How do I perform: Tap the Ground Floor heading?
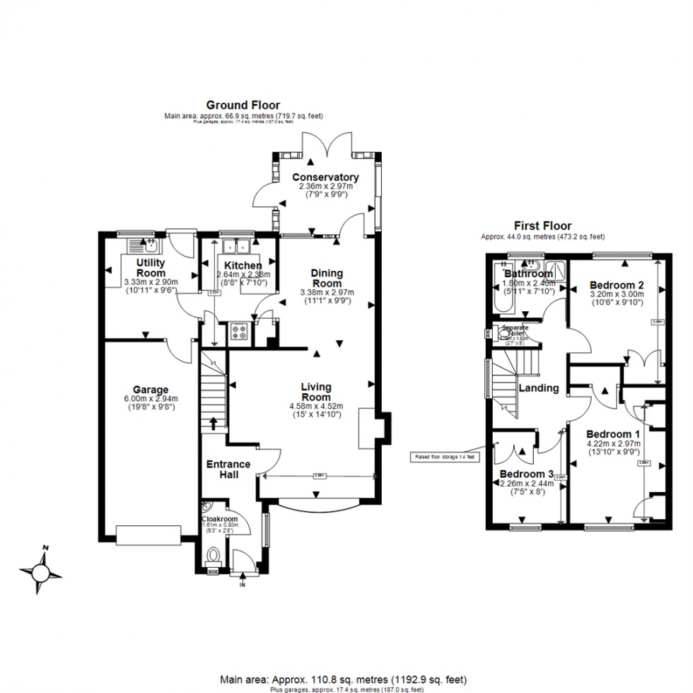[x=243, y=105]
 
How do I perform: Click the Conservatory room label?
[x=325, y=177]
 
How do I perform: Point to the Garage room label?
[x=151, y=390]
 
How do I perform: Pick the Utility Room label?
[x=151, y=268]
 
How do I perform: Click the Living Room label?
[x=316, y=392]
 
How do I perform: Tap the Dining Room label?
[x=327, y=278]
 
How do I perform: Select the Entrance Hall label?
[x=228, y=469]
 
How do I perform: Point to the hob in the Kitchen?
[x=238, y=332]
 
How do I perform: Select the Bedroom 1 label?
[x=613, y=433]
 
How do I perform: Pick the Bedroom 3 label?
[x=526, y=473]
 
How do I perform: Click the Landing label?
[x=539, y=388]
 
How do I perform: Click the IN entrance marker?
[x=243, y=585]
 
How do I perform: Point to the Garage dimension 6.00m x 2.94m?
[x=151, y=399]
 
